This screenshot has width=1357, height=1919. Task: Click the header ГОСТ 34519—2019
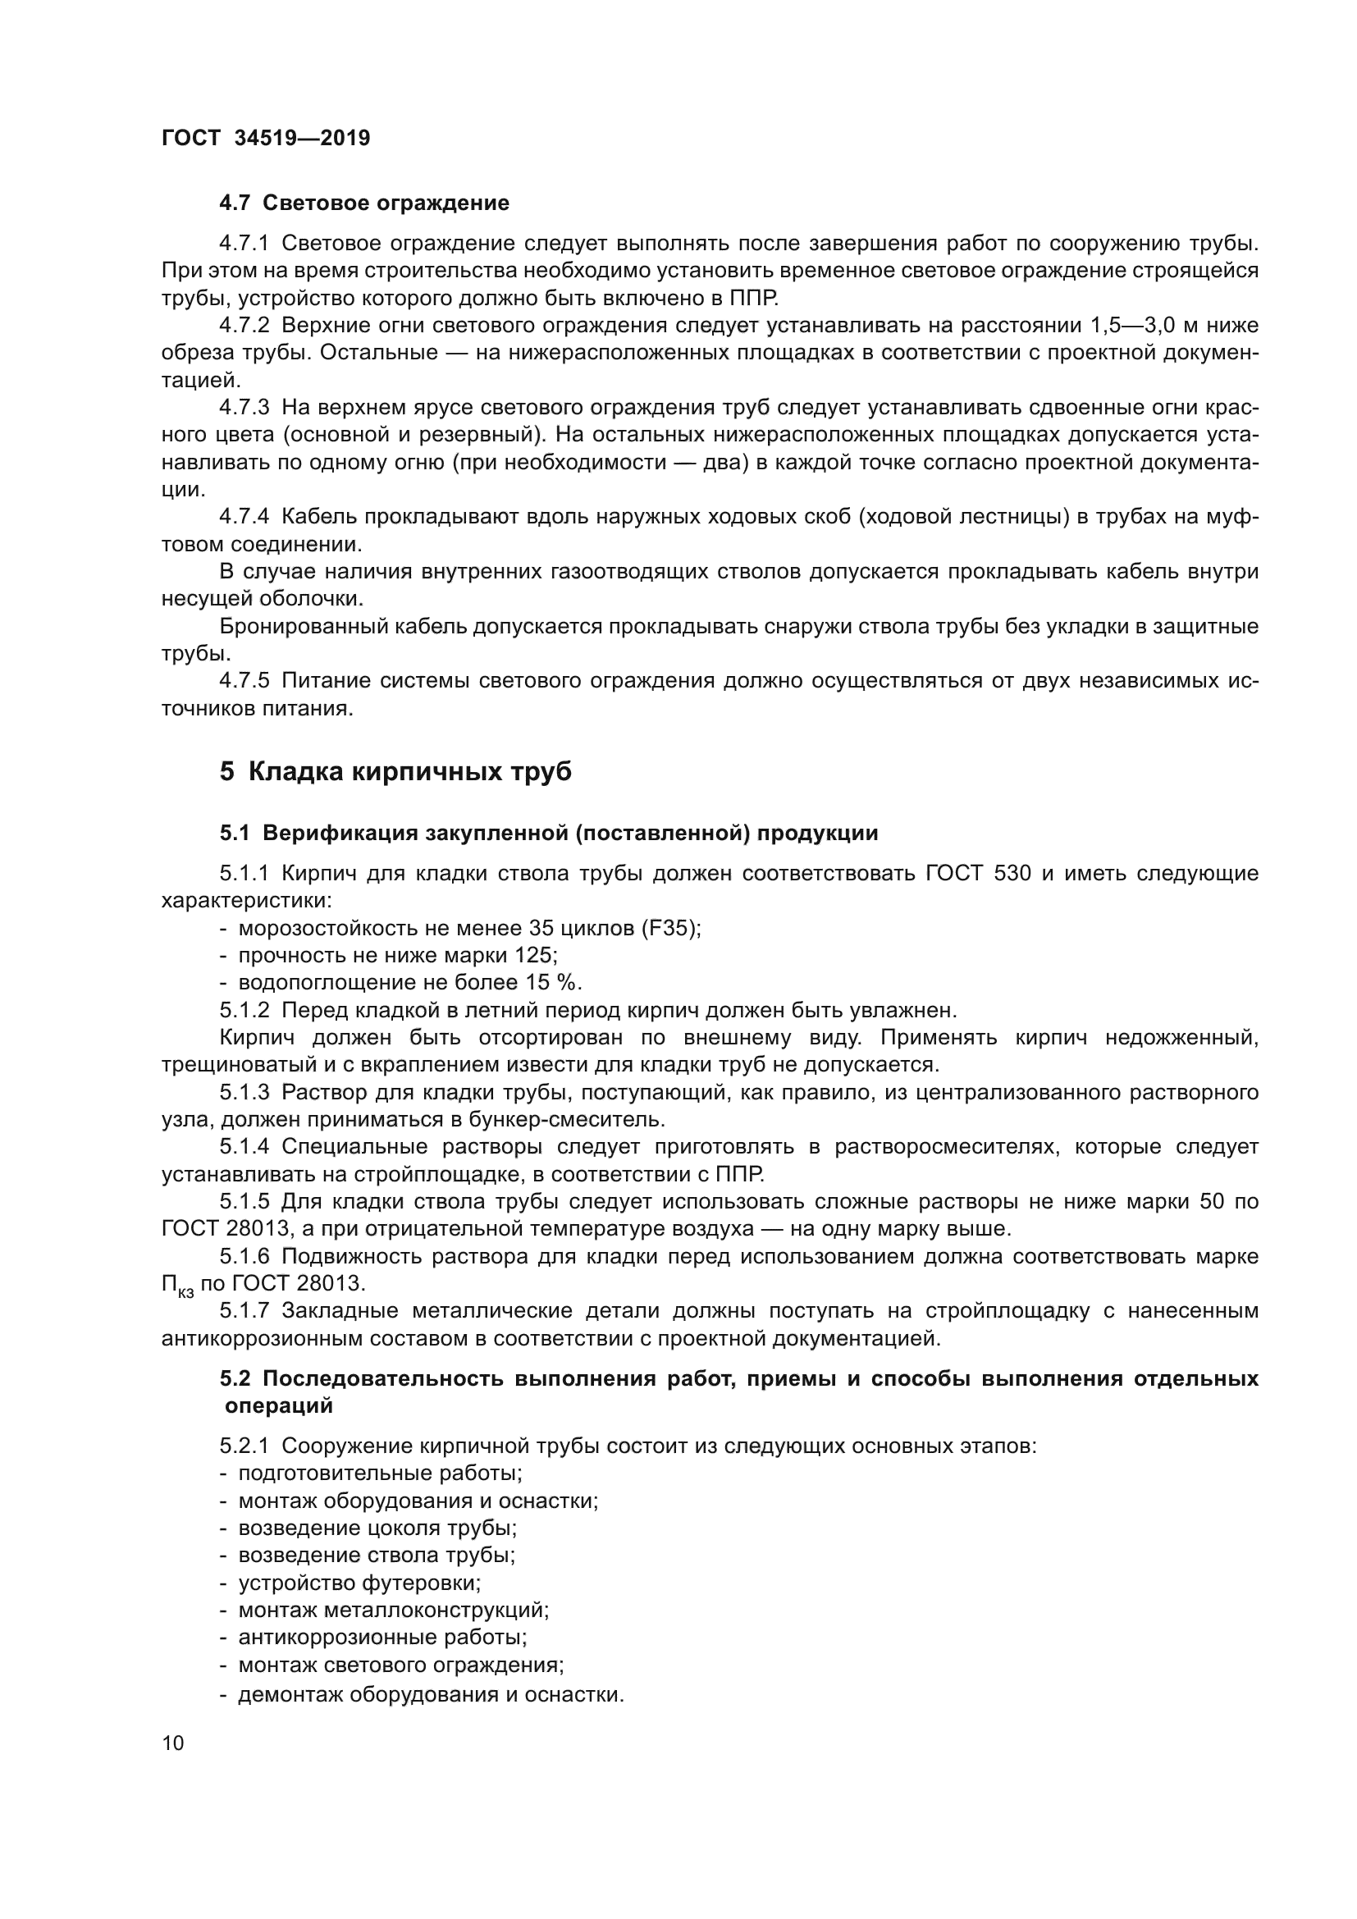coord(265,138)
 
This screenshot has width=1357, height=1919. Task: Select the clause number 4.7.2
coord(244,325)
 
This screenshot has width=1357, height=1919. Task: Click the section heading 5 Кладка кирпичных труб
coord(395,770)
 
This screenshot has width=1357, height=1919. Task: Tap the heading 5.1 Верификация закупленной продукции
coord(549,833)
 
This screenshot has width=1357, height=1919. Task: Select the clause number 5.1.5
coord(244,1201)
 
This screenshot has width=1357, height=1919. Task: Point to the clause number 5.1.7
coord(244,1310)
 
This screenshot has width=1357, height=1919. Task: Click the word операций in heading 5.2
coord(279,1406)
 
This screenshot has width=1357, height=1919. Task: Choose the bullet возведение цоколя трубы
coord(377,1528)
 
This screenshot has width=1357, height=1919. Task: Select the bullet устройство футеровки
coord(359,1582)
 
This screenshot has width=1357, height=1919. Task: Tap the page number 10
coord(173,1743)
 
